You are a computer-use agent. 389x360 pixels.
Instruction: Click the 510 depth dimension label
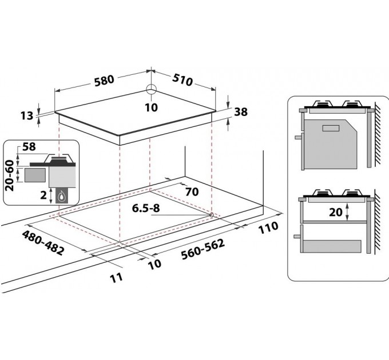click(182, 80)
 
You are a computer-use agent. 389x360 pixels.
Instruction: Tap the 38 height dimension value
click(241, 112)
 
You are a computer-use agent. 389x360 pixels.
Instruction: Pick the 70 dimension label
click(192, 191)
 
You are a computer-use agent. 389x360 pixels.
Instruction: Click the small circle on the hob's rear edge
click(150, 89)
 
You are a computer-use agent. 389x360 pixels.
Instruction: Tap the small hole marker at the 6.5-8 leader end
click(212, 215)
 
